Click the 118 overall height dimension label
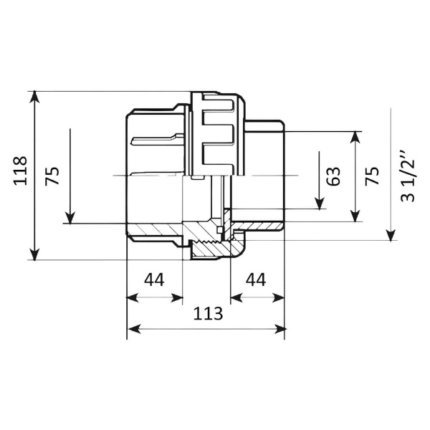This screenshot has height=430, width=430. coord(21,171)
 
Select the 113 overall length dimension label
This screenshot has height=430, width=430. coord(208,314)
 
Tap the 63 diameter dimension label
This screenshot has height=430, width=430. coord(333,176)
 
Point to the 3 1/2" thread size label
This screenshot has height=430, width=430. coord(407,176)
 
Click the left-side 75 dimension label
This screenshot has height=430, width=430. coord(52,176)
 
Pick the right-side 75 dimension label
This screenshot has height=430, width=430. coord(372,176)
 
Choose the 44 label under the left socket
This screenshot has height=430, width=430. coord(154,279)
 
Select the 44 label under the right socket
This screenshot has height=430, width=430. coord(256,279)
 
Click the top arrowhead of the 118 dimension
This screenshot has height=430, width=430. coord(34,97)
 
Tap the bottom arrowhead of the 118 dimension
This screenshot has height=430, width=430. coord(34,254)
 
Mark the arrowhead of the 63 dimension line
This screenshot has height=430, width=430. coord(319,204)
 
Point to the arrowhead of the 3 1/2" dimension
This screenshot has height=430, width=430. coord(391,235)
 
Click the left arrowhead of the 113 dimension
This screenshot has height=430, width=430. coord(134,329)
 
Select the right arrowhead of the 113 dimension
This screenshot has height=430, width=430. coord(279,329)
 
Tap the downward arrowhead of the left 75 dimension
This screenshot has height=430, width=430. coord(70,218)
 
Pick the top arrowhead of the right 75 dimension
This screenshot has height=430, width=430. coord(355,138)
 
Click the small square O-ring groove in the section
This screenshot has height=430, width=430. coord(219,230)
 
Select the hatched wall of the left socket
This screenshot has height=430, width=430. coord(154,229)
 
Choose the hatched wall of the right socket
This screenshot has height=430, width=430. coord(258,226)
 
